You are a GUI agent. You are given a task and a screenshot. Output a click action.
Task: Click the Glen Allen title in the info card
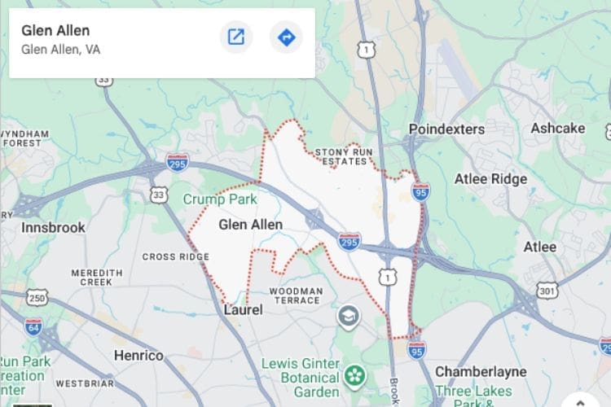coord(55,31)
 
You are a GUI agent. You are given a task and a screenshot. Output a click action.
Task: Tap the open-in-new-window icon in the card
coord(236,37)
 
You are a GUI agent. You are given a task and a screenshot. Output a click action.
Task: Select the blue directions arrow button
coord(286,37)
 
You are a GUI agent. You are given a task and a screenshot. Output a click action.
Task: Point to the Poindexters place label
coord(446,129)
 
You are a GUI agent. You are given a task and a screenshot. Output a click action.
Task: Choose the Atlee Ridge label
coord(491,179)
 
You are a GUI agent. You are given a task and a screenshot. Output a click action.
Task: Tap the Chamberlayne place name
coord(481,371)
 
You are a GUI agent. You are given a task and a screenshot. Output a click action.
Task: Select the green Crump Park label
coord(219,199)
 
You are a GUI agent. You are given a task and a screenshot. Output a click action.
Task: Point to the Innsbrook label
coord(53,227)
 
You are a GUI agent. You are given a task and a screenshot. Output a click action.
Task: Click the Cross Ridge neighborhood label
coord(176,256)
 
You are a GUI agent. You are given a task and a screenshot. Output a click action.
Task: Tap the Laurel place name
coord(243,309)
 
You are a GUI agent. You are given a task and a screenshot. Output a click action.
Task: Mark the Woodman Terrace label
coord(296,295)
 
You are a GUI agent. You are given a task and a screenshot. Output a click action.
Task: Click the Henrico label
coord(138,355)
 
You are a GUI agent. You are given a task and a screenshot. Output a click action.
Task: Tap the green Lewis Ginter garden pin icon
coord(354,375)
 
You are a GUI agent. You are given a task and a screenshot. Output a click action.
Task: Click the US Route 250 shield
coord(37,299)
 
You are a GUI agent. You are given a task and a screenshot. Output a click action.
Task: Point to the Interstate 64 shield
coord(33,326)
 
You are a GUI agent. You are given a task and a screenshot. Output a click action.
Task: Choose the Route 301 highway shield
coord(547,289)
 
